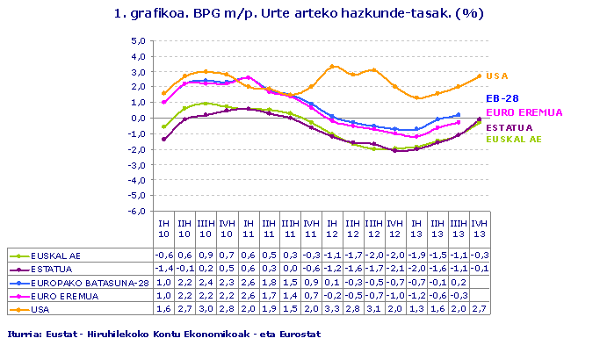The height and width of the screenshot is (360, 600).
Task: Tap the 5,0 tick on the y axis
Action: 137,41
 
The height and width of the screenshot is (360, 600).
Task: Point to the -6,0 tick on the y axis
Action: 137,212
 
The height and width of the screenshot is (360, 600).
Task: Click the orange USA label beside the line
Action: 496,76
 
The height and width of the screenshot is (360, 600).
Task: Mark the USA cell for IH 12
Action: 332,309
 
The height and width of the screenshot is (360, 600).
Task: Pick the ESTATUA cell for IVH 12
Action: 395,269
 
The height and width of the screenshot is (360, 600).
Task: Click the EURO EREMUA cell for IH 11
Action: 249,296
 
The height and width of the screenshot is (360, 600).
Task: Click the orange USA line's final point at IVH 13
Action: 479,76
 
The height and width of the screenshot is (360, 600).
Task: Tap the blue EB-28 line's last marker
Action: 459,115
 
